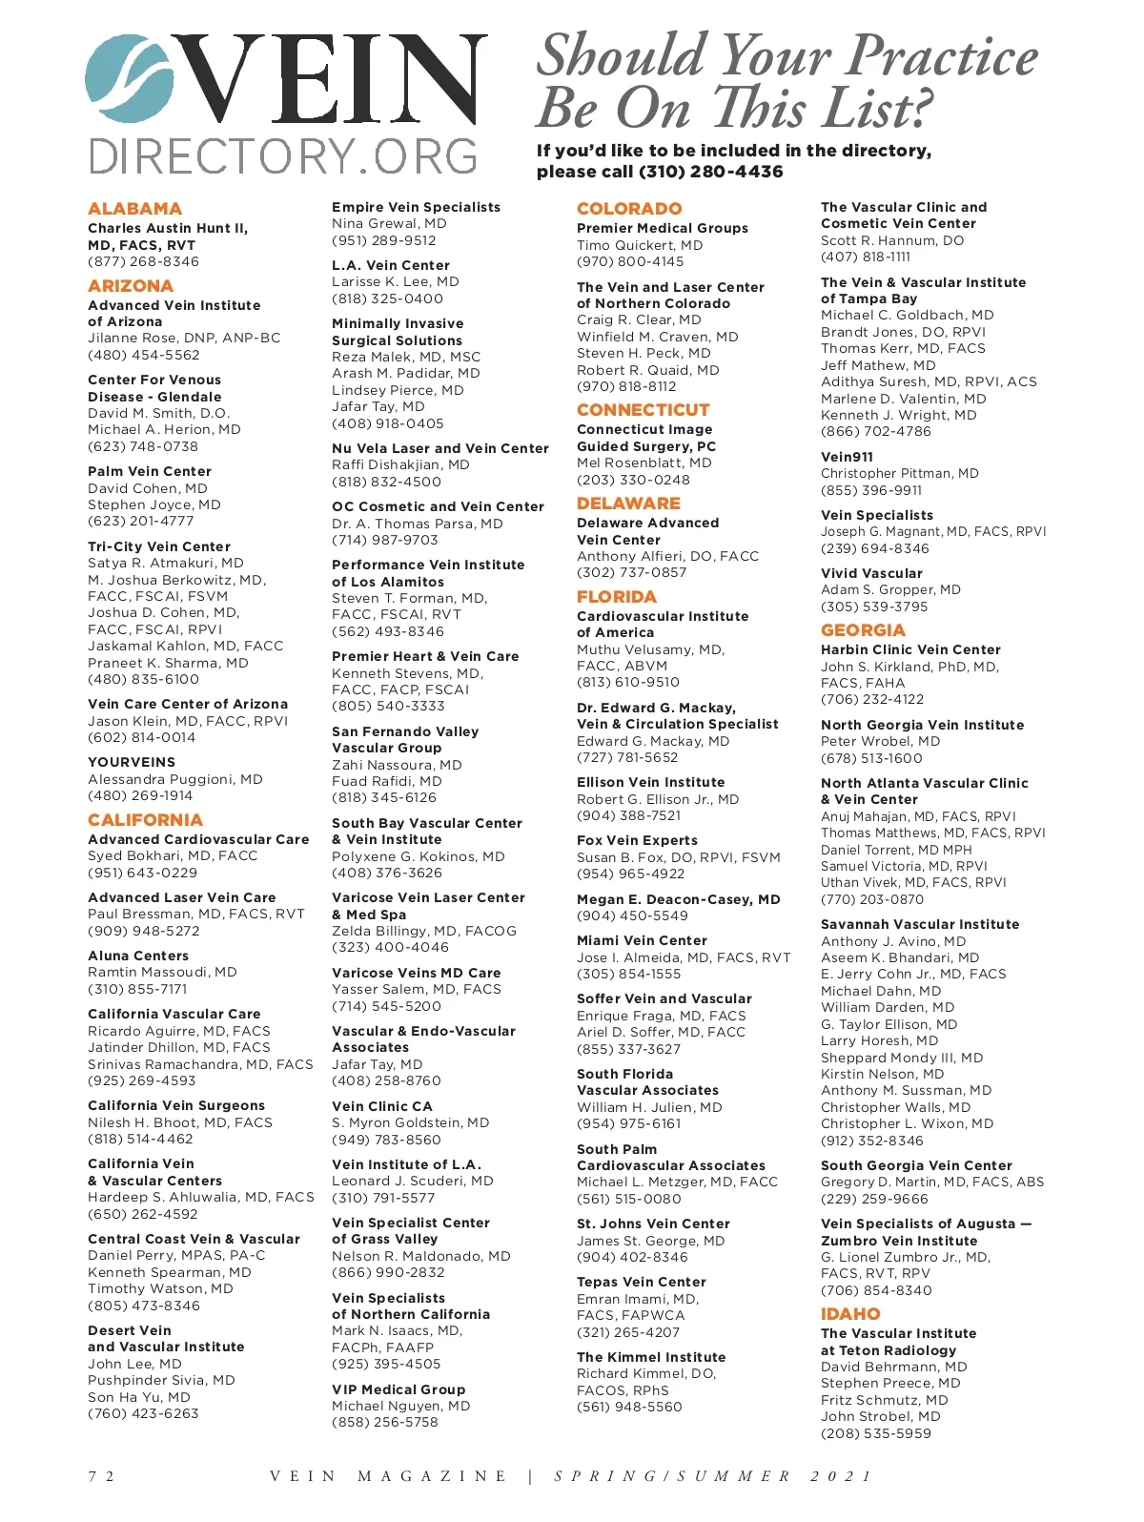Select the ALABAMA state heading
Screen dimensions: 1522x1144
click(134, 209)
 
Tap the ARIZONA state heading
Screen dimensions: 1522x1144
click(131, 286)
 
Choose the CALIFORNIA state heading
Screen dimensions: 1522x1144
click(145, 820)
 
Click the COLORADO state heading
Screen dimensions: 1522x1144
click(629, 209)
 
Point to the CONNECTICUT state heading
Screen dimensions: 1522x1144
click(643, 410)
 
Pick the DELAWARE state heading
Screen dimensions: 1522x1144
click(628, 504)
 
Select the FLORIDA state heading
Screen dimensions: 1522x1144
click(617, 597)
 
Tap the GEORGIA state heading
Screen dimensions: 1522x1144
click(863, 630)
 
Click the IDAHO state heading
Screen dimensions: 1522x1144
click(850, 1314)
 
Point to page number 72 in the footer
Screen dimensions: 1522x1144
click(101, 1476)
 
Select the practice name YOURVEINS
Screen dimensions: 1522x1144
click(132, 763)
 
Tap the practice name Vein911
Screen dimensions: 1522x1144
click(847, 457)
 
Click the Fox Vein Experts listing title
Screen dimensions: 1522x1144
click(637, 841)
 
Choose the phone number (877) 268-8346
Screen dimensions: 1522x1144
click(143, 262)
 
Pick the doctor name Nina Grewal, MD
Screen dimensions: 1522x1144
click(389, 224)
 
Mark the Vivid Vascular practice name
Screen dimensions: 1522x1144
click(871, 574)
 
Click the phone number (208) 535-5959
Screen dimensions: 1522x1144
click(876, 1433)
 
